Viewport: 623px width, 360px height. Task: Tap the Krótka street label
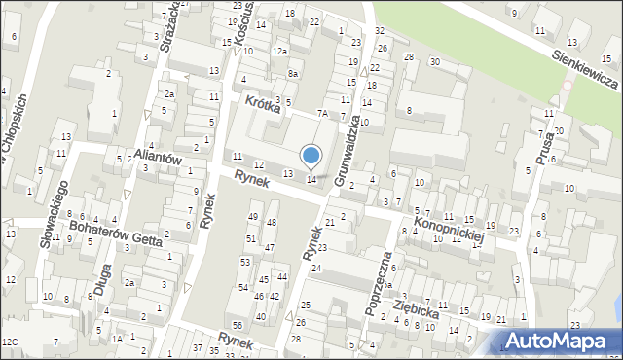pos(263,104)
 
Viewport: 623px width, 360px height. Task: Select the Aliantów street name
pos(157,158)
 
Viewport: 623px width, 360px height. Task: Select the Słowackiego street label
pos(54,212)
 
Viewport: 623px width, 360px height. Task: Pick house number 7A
pos(321,115)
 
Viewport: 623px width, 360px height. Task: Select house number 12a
pos(280,51)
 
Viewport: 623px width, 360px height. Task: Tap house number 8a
pos(293,74)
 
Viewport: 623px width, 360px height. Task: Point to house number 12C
pos(10,342)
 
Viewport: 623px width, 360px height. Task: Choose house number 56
pos(237,324)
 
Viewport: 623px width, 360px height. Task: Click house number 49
pos(253,216)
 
